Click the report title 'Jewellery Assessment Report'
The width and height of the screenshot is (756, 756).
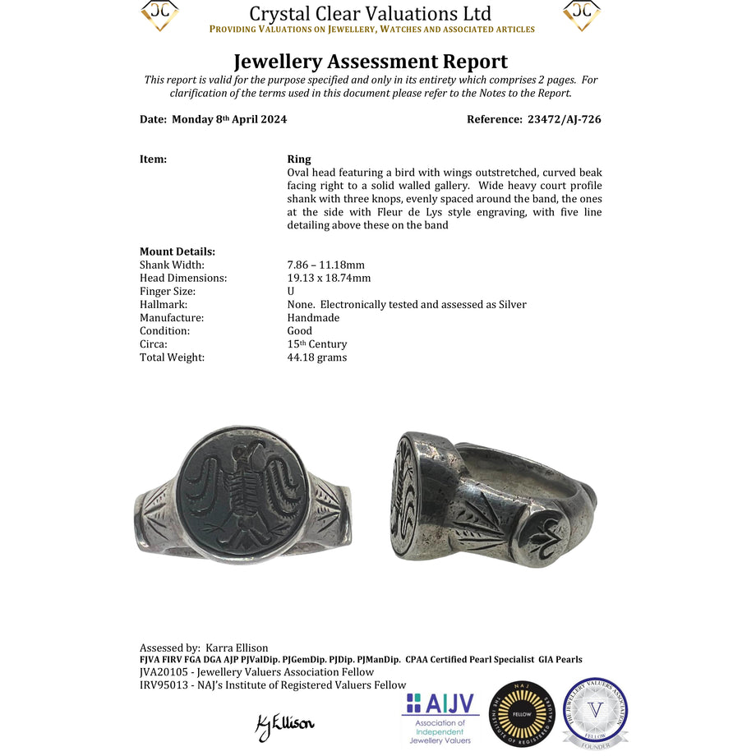click(x=371, y=62)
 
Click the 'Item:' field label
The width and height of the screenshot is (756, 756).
click(x=154, y=159)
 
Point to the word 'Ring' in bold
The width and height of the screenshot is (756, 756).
click(x=299, y=159)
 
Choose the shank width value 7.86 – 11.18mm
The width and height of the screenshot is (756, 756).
click(x=326, y=265)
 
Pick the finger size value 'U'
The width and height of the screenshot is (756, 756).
click(x=291, y=291)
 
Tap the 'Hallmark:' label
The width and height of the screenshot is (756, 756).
click(x=164, y=304)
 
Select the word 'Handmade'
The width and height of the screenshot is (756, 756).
click(x=313, y=317)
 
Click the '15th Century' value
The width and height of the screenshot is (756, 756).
click(x=317, y=343)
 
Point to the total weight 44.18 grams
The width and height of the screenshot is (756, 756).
click(x=317, y=357)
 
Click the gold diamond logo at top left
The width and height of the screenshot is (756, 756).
click(x=160, y=15)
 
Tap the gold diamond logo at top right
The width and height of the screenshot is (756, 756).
click(x=582, y=15)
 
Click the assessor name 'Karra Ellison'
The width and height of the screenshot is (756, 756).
click(x=237, y=648)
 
